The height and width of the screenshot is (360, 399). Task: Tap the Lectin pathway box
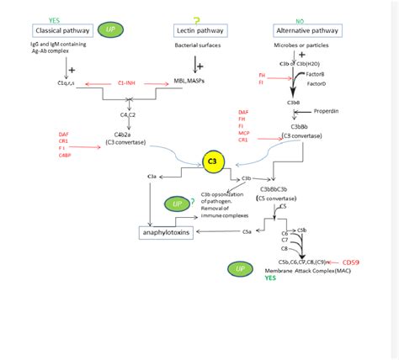pos(196,29)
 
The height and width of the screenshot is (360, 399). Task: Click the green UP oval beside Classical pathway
pos(111,30)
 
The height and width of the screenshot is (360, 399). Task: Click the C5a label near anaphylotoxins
pos(247,231)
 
